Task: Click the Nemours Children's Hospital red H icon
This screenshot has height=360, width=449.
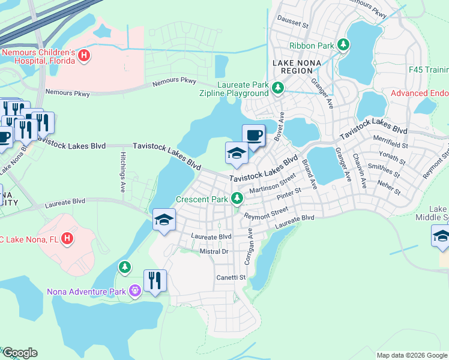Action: pyautogui.click(x=85, y=56)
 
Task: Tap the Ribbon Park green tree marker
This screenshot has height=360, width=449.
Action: pyautogui.click(x=343, y=45)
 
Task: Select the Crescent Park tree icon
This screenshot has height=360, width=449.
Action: pyautogui.click(x=238, y=198)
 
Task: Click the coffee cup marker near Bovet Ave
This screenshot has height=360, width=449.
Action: pyautogui.click(x=253, y=135)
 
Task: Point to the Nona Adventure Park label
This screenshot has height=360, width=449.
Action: pyautogui.click(x=86, y=292)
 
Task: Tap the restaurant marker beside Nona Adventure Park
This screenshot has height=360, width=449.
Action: pyautogui.click(x=155, y=281)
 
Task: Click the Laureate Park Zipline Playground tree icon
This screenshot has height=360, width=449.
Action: pyautogui.click(x=277, y=88)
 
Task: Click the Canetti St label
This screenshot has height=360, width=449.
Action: pyautogui.click(x=231, y=277)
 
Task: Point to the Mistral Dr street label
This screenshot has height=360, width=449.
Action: pyautogui.click(x=214, y=251)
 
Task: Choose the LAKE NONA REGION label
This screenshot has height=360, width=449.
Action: pyautogui.click(x=297, y=67)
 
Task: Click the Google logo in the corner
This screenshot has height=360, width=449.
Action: pyautogui.click(x=20, y=353)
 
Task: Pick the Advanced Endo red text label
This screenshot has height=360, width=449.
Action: pyautogui.click(x=420, y=93)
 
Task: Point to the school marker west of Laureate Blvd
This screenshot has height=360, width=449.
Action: pyautogui.click(x=164, y=220)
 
